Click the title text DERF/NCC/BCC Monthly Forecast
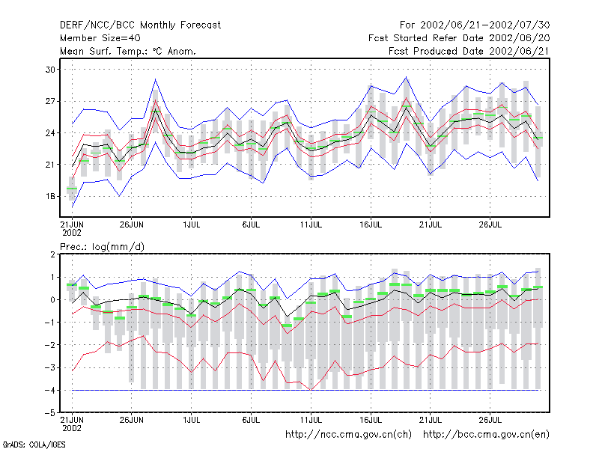click(x=140, y=25)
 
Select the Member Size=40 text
click(x=100, y=38)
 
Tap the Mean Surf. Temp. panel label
click(x=128, y=51)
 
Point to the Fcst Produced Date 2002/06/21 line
click(x=469, y=51)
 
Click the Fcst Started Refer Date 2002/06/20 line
click(x=459, y=38)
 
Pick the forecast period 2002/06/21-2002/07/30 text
click(x=475, y=25)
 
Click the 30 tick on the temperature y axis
click(x=50, y=70)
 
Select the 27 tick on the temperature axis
click(x=50, y=101)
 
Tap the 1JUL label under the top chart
click(x=192, y=224)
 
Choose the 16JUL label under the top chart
click(x=371, y=224)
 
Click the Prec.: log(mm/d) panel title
click(x=103, y=247)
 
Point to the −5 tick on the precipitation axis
click(x=49, y=413)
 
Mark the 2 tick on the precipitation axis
click(x=52, y=254)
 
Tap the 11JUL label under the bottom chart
click(x=311, y=420)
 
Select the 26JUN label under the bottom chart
click(x=132, y=420)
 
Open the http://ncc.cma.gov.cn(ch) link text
click(x=348, y=435)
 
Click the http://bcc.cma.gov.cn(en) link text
click(x=486, y=435)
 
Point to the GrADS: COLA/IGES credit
click(x=34, y=445)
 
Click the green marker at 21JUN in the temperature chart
click(x=72, y=189)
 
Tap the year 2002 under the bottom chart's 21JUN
click(x=72, y=428)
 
